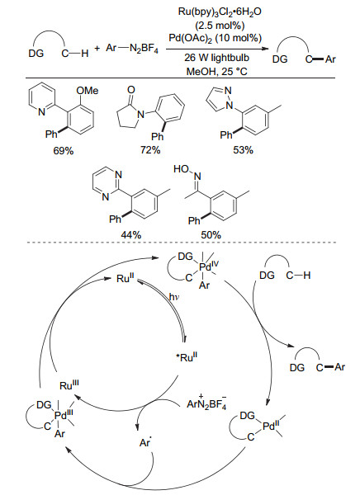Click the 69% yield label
(x=64, y=151)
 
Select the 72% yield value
(x=150, y=150)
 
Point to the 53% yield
(x=243, y=150)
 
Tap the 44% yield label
(x=130, y=235)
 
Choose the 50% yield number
(x=211, y=235)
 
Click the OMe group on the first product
(x=88, y=91)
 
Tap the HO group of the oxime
(x=181, y=169)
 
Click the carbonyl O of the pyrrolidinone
(x=130, y=90)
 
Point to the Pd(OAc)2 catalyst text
(x=216, y=38)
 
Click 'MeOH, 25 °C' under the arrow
(x=217, y=71)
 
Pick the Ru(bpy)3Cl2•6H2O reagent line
(x=220, y=12)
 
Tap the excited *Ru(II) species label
(x=187, y=357)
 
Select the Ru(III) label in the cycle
(x=69, y=384)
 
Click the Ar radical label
(x=144, y=442)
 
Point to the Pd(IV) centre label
(x=209, y=266)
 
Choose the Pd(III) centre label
(x=64, y=415)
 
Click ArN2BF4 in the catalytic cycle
(x=206, y=403)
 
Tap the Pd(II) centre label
(x=271, y=427)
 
